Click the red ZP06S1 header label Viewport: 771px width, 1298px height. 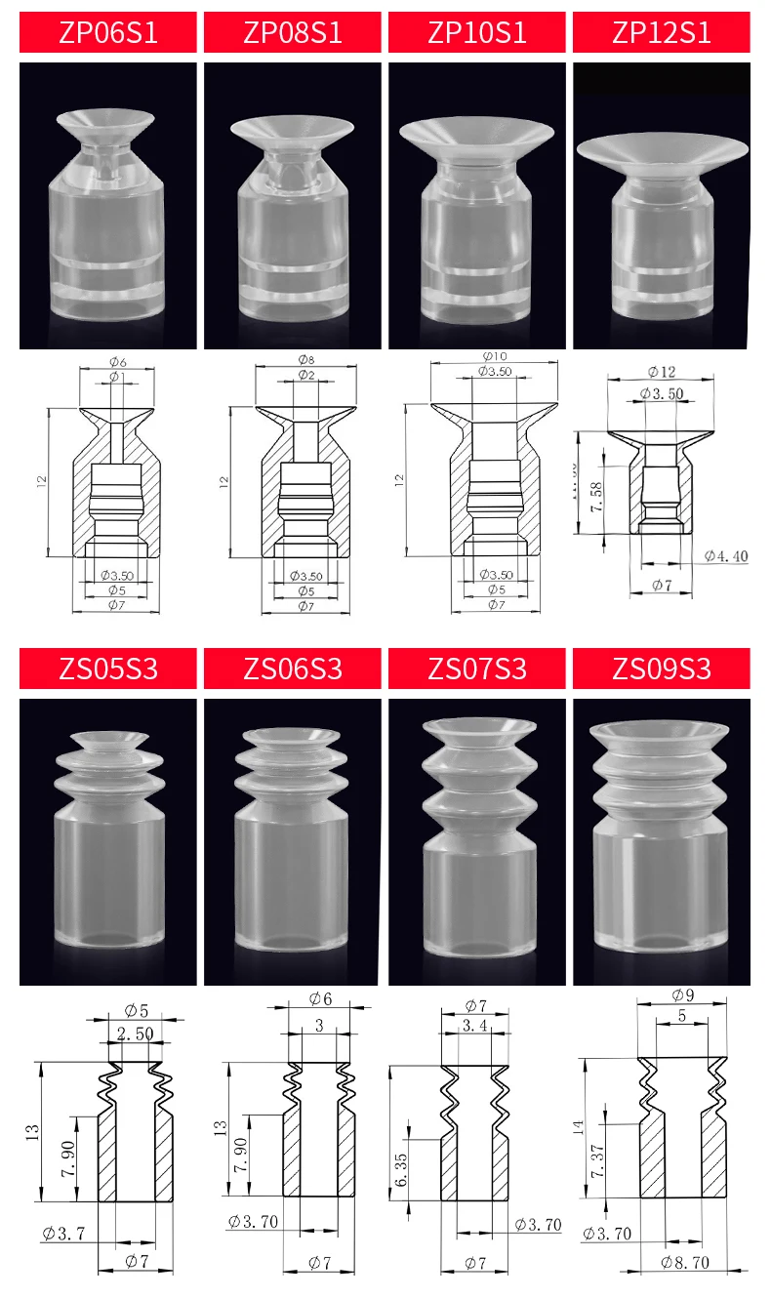pyautogui.click(x=108, y=32)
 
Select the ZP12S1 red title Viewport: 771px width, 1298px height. pyautogui.click(x=662, y=32)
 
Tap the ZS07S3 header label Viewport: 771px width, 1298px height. pyautogui.click(x=477, y=669)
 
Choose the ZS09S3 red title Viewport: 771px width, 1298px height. pyautogui.click(x=662, y=669)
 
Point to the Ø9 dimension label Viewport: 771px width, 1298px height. pyautogui.click(x=682, y=995)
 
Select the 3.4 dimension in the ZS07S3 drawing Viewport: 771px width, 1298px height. pyautogui.click(x=475, y=1026)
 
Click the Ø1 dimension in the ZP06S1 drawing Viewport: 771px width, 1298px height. pyautogui.click(x=114, y=377)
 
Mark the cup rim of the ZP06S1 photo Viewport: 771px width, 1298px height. pyautogui.click(x=105, y=121)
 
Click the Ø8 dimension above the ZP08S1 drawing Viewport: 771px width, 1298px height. pyautogui.click(x=304, y=360)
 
